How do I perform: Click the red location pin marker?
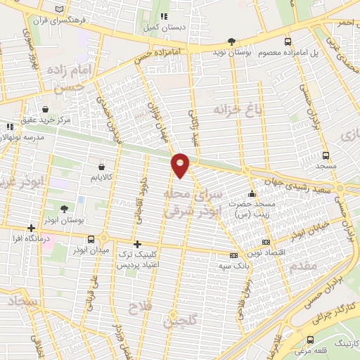pyautogui.click(x=181, y=164)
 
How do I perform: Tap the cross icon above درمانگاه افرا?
pyautogui.click(x=31, y=229)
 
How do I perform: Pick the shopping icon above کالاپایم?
pyautogui.click(x=104, y=167)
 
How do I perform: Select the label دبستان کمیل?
pyautogui.click(x=165, y=27)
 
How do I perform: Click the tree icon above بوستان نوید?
pyautogui.click(x=232, y=41)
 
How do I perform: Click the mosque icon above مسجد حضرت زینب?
pyautogui.click(x=252, y=193)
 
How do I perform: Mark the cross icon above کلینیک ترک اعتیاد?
pyautogui.click(x=137, y=243)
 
